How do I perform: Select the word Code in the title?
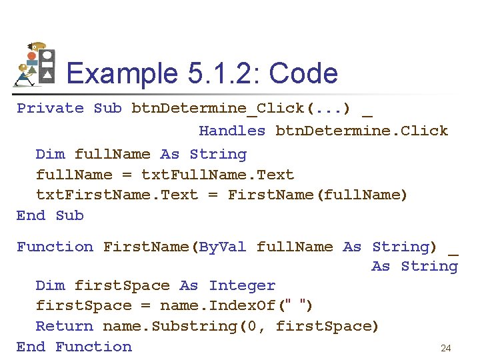click(x=303, y=73)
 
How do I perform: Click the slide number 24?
click(x=446, y=348)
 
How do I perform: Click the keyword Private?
click(x=50, y=108)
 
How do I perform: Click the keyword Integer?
click(x=242, y=286)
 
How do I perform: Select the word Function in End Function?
click(x=93, y=347)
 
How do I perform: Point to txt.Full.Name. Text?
click(x=217, y=175)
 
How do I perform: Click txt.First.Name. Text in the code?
click(x=117, y=195)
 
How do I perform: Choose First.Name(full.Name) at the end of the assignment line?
click(x=317, y=195)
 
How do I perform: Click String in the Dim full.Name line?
click(x=218, y=154)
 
